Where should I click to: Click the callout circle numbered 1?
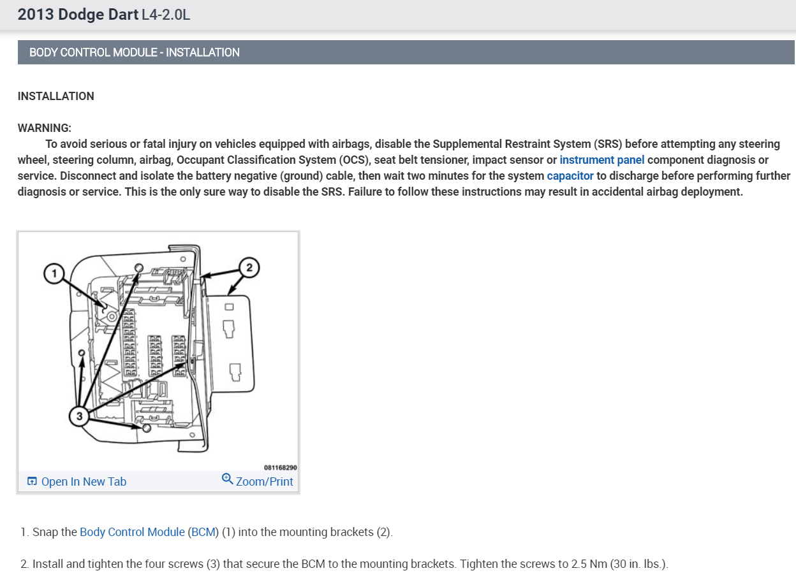tap(54, 273)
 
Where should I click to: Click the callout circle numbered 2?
tap(249, 268)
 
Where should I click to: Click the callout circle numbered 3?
tap(79, 416)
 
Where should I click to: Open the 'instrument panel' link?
tap(602, 160)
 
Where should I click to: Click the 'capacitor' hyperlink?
tap(570, 176)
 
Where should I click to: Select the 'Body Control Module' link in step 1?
tap(132, 532)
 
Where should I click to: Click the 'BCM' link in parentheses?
tap(203, 532)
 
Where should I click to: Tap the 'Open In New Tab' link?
tap(84, 482)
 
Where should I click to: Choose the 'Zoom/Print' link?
tap(264, 482)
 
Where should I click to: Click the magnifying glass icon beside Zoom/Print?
tap(227, 479)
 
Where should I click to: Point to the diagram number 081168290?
tap(280, 468)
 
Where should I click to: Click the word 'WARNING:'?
tap(45, 128)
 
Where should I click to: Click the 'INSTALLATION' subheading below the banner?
tap(55, 96)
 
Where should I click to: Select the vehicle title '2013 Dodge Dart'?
tap(78, 15)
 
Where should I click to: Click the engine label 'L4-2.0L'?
tap(166, 15)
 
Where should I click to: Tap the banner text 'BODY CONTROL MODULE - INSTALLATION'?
tap(134, 52)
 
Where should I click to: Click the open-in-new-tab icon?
tap(32, 481)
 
